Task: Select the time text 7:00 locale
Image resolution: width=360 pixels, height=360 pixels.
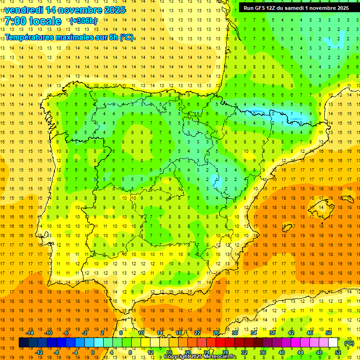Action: coord(33,21)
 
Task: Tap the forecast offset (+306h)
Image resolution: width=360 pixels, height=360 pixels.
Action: coord(83,21)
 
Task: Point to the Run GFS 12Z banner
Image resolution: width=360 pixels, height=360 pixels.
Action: coord(296,8)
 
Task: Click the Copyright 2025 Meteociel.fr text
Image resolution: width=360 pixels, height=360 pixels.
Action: coord(200,357)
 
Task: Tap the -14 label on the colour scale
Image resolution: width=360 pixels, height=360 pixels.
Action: coord(30,333)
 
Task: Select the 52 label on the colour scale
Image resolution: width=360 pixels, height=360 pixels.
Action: coord(338,352)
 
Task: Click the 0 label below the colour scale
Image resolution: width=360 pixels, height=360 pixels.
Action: coord(92,352)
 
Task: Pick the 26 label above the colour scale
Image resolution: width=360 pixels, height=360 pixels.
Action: coord(216,333)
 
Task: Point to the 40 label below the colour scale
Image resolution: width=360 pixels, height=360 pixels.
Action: coord(282,352)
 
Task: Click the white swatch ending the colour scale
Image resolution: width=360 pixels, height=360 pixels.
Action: coord(333,343)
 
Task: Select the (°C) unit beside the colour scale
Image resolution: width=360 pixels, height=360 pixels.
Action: coord(349,343)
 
